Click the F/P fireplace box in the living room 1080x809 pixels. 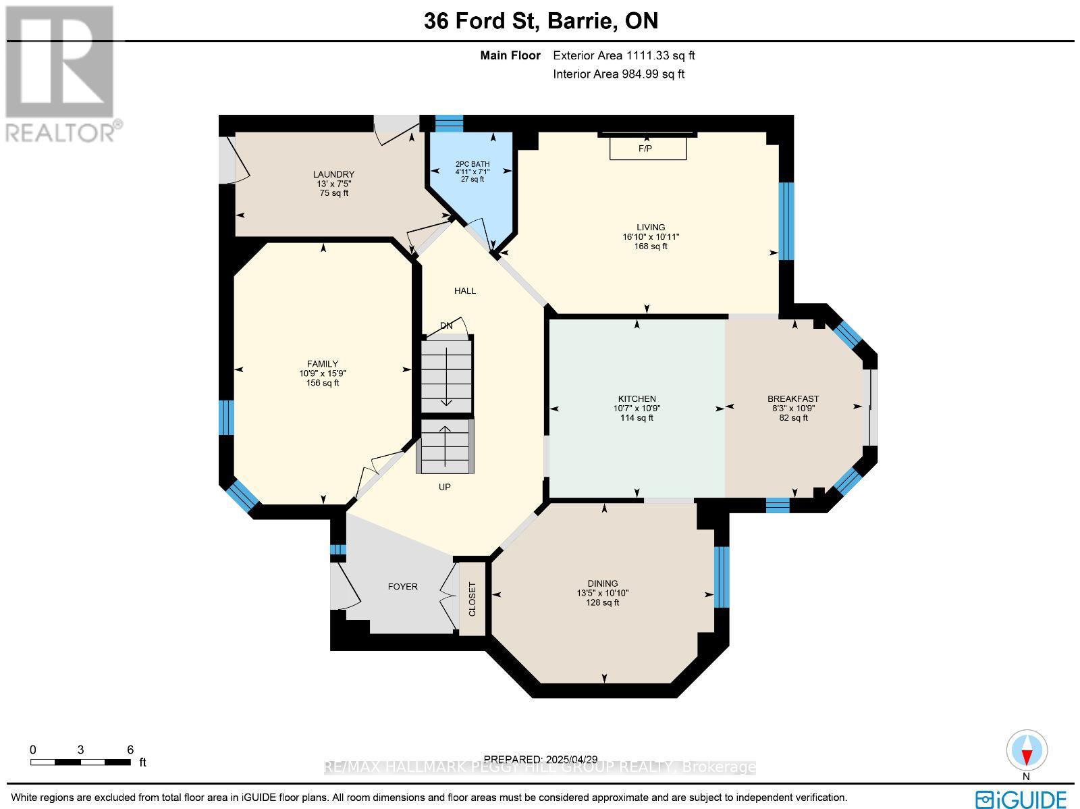(647, 148)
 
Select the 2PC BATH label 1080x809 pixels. (473, 164)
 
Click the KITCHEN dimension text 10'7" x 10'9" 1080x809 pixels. (637, 409)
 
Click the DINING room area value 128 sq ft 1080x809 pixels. (602, 602)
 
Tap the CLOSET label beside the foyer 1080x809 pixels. (472, 599)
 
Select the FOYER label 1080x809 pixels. (402, 587)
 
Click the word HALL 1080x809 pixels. (464, 291)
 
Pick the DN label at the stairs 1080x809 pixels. (446, 325)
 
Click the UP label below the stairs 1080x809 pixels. (444, 487)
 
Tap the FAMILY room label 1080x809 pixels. (322, 364)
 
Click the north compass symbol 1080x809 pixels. (1027, 751)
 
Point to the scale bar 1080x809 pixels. (80, 762)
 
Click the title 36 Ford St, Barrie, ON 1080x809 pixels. (541, 22)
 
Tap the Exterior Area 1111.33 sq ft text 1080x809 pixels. (624, 56)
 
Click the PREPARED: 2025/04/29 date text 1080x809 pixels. (541, 760)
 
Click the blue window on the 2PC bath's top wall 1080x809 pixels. (449, 124)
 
